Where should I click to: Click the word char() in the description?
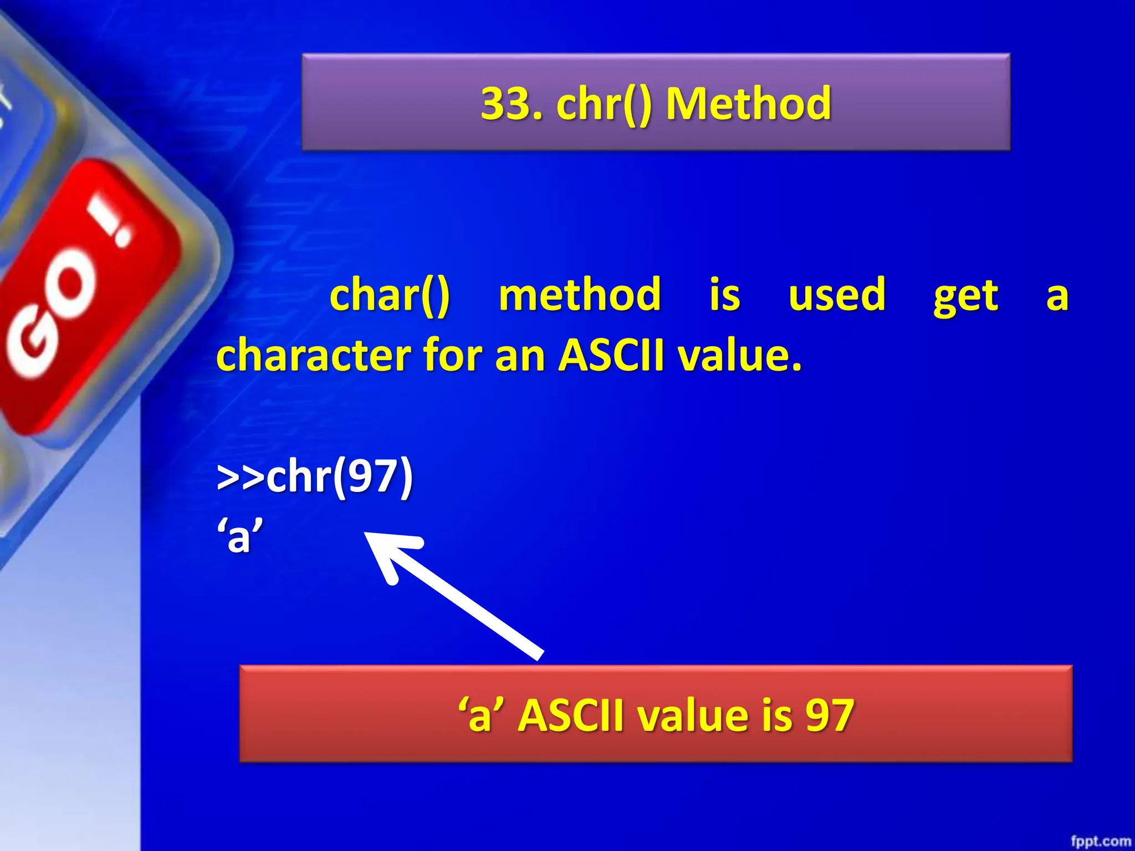tap(390, 295)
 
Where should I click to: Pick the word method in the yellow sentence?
tap(580, 295)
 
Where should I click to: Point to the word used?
tap(837, 295)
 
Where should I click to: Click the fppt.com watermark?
tap(1100, 841)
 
